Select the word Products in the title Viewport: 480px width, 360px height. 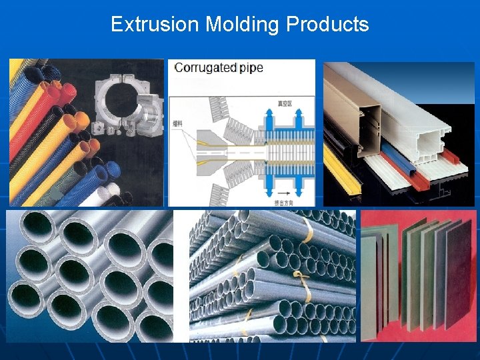(x=327, y=25)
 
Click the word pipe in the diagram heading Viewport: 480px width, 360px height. (x=251, y=68)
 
